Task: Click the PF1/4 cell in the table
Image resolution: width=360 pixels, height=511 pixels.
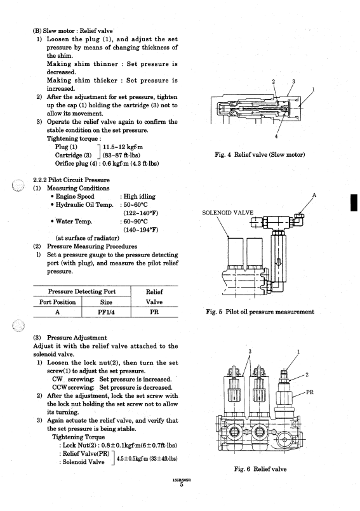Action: pos(106,312)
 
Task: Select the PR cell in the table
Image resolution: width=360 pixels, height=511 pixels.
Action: pos(154,312)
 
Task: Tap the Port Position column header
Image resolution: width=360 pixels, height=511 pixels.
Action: pos(57,302)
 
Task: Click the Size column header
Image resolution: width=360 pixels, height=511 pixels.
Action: pos(106,302)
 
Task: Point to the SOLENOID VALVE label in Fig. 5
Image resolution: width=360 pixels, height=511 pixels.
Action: pos(227,213)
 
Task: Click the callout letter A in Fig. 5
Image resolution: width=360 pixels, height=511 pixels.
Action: pos(314,196)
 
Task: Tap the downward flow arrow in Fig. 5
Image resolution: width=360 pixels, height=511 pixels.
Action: pos(279,262)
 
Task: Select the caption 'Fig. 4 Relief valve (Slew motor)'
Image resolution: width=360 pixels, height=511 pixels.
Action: pos(260,154)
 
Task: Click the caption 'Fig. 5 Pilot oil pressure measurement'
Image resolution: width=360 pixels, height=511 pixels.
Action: pos(260,312)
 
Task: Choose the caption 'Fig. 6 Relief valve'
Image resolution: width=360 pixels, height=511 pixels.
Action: pos(260,469)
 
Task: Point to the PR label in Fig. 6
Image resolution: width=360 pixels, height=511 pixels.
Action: pos(310,392)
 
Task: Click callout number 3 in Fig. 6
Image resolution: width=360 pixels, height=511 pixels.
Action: pos(250,351)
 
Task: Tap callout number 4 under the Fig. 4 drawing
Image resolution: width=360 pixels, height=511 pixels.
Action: pos(276,136)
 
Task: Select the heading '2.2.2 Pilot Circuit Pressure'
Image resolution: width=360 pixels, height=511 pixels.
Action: pos(71,180)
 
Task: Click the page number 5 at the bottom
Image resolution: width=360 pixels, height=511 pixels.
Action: pos(182,485)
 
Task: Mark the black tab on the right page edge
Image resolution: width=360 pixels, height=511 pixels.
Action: pos(354,202)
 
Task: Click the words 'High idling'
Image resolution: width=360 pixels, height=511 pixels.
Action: pos(140,197)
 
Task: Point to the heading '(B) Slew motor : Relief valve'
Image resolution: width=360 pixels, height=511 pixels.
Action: pos(73,31)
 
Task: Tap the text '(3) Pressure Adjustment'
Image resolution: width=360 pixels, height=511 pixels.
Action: pos(70,338)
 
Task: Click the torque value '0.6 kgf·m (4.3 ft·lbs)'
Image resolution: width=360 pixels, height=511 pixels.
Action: pos(131,163)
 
